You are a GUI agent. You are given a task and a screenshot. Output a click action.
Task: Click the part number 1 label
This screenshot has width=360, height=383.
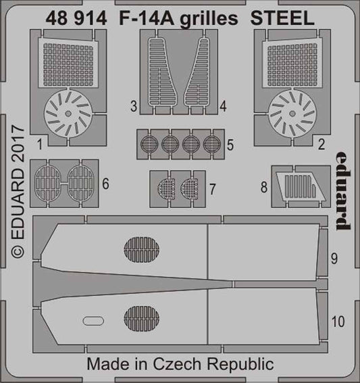coord(41,143)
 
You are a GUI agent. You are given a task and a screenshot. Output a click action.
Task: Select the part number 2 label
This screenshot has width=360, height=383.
coord(320,143)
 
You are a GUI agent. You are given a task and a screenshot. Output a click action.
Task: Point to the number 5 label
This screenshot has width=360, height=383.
coord(231,145)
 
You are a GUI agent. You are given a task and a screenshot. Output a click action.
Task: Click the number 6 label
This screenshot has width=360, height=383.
coord(104,184)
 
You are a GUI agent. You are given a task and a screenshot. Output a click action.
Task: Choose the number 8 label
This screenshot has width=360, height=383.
coord(263,185)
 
